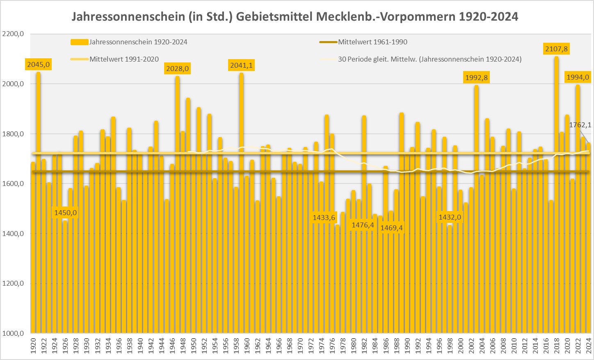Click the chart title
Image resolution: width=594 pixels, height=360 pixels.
coord(295,16)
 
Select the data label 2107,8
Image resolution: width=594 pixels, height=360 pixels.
coord(556,49)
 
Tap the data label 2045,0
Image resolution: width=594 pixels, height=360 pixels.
coord(39,64)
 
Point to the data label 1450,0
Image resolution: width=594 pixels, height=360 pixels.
coord(66,213)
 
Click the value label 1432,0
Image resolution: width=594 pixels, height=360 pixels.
coord(450,217)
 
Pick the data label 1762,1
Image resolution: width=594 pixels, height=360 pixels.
coord(580,125)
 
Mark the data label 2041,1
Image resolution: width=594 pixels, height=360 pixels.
coord(242,65)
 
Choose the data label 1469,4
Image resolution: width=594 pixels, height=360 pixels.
coord(392,227)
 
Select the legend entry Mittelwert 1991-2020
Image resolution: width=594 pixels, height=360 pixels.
coord(124,59)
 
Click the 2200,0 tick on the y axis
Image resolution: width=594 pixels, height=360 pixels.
coord(13,34)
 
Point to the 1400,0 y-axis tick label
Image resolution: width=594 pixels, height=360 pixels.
coord(13,234)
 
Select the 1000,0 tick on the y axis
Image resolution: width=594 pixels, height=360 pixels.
coord(13,333)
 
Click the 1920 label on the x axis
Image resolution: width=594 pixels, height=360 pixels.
coord(33,345)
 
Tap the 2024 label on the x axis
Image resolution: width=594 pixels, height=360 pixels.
coord(588,345)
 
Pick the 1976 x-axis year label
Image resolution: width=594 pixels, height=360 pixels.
coord(332,345)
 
